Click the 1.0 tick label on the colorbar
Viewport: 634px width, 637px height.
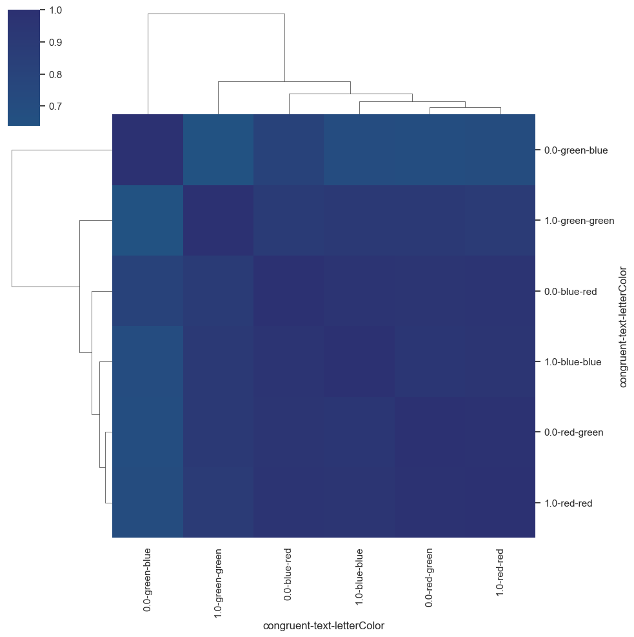(x=55, y=10)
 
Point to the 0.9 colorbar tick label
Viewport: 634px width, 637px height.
(x=55, y=42)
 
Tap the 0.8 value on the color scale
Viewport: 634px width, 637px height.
(x=55, y=74)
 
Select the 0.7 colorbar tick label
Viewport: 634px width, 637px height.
(x=55, y=106)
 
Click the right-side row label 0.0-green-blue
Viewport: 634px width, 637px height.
(x=576, y=150)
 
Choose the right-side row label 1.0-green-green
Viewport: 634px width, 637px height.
(x=579, y=221)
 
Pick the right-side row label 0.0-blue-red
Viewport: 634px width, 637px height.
(x=570, y=291)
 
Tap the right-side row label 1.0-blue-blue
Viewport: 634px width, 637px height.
(x=573, y=362)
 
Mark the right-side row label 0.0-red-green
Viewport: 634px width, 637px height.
(x=573, y=432)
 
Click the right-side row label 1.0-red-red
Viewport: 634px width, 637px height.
(x=568, y=503)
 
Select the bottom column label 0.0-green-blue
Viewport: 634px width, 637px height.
(x=147, y=580)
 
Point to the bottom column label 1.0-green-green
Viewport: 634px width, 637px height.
(x=218, y=583)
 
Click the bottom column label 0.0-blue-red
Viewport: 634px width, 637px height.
(x=288, y=574)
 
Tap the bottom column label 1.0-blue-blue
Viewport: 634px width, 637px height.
(x=359, y=576)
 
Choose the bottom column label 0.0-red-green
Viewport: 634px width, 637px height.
(x=429, y=578)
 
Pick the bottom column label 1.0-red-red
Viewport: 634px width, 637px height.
(x=500, y=572)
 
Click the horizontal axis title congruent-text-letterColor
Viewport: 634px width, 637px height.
(x=324, y=625)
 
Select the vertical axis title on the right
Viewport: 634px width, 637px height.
(x=623, y=327)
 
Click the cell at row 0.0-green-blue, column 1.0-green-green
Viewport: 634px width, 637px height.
(x=219, y=150)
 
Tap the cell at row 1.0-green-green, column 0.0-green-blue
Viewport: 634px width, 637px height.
(x=148, y=221)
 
